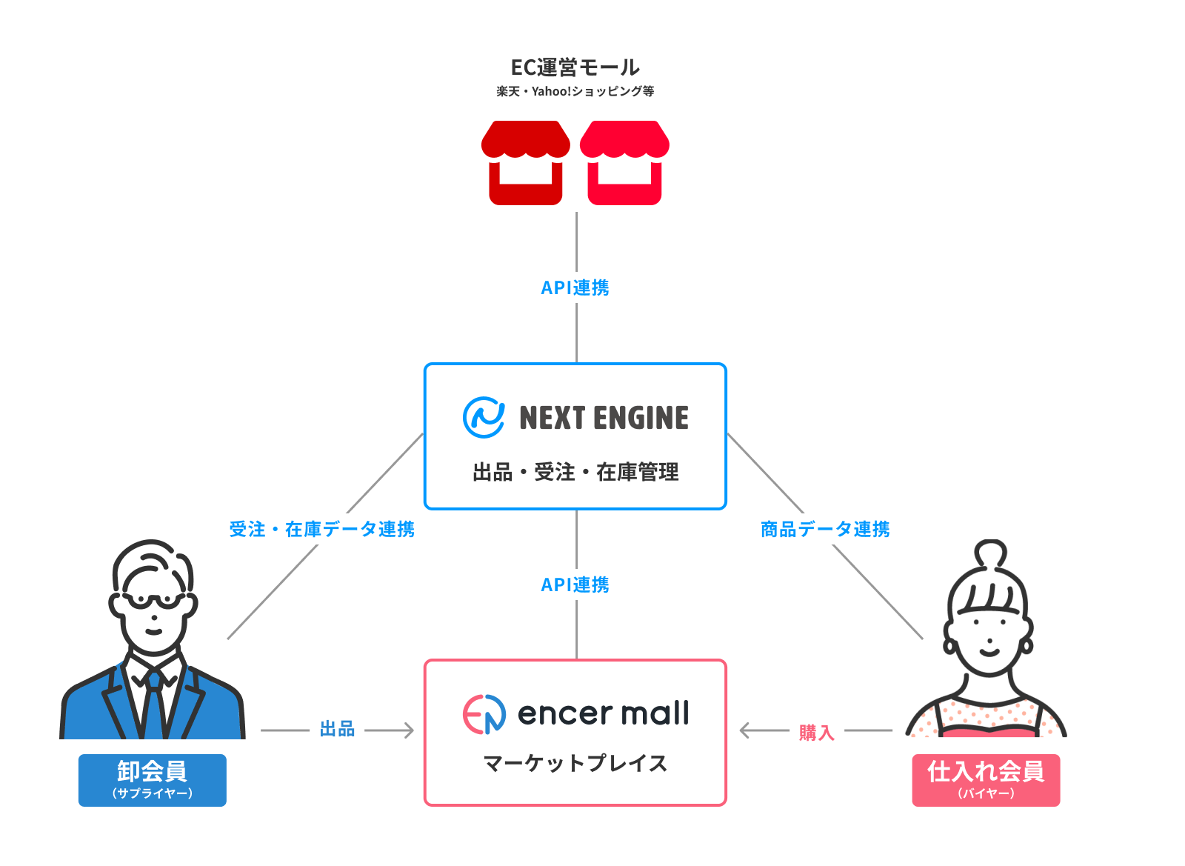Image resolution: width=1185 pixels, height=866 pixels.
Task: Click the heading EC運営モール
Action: [x=575, y=67]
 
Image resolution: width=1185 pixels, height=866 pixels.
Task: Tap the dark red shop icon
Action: [x=526, y=162]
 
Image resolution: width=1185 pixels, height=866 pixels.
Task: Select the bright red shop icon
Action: [x=624, y=162]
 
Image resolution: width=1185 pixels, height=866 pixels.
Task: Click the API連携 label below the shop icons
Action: [x=575, y=287]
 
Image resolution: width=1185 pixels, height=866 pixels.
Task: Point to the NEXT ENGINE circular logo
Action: [x=484, y=417]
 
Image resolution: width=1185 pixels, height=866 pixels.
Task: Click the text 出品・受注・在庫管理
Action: [x=575, y=472]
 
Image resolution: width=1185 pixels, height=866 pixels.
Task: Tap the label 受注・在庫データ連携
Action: [x=321, y=529]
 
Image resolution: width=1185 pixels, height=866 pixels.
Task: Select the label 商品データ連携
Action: [x=825, y=529]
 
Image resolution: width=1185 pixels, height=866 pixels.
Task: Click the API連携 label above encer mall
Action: [x=575, y=584]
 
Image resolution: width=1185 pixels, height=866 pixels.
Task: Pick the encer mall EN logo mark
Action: [x=484, y=714]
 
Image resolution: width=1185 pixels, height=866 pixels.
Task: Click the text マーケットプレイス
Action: [x=575, y=763]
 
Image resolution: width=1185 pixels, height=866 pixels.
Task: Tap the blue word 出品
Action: [x=337, y=730]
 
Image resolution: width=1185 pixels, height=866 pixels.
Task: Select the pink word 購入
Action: [x=816, y=733]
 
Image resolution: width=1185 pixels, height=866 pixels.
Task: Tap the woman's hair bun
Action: [x=990, y=554]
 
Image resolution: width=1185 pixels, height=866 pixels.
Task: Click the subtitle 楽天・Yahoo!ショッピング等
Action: [x=575, y=91]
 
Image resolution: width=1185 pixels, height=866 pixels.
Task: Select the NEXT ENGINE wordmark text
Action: [x=604, y=418]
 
